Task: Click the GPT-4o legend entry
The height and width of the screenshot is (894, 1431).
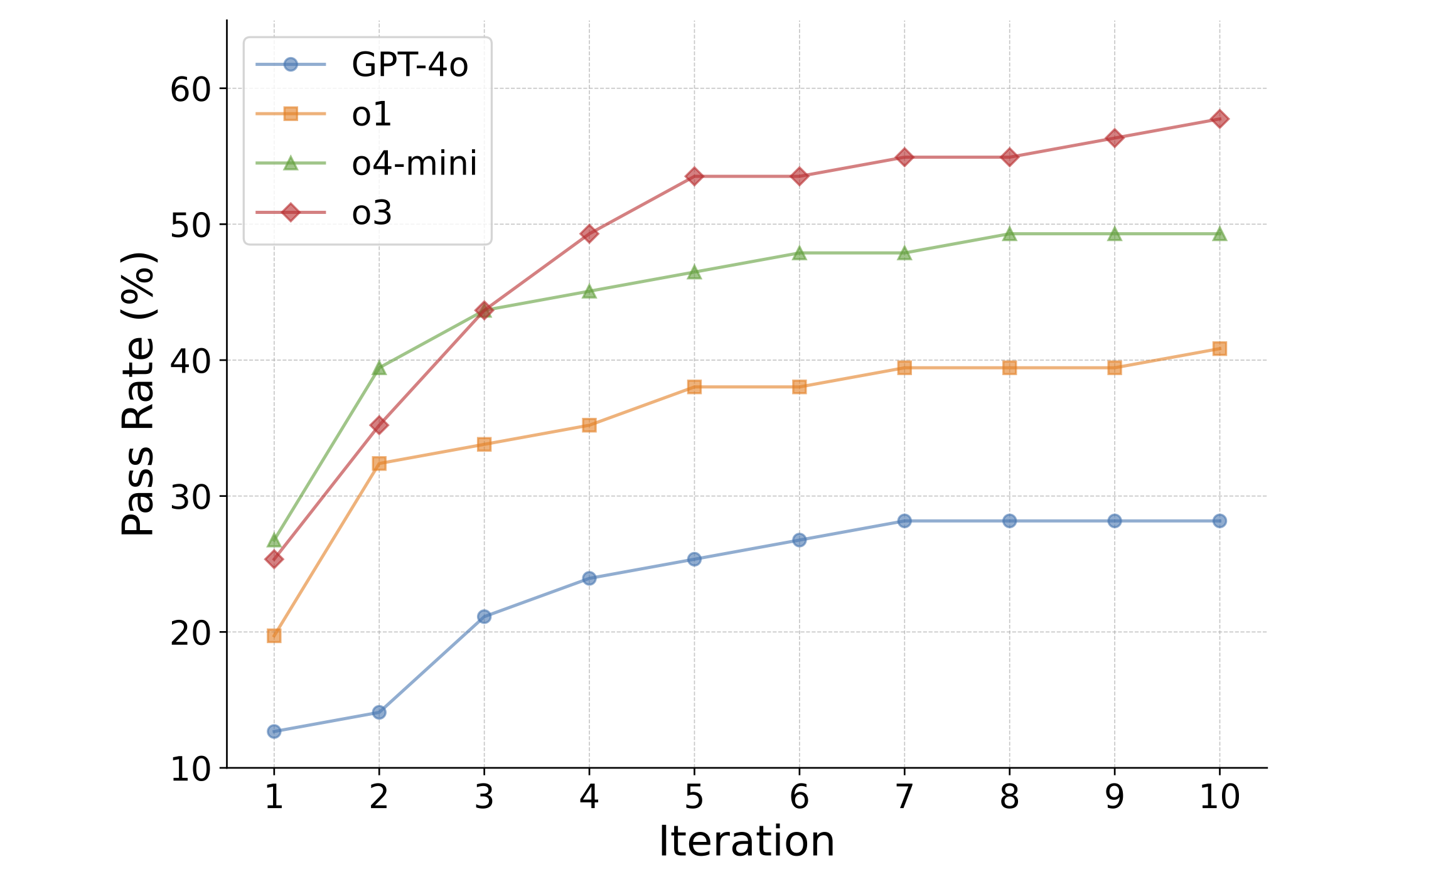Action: pyautogui.click(x=409, y=65)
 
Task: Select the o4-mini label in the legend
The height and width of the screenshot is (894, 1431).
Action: pyautogui.click(x=414, y=163)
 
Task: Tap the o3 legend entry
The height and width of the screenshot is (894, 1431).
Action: pyautogui.click(x=372, y=213)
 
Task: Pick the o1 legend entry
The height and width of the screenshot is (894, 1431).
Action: pyautogui.click(x=372, y=114)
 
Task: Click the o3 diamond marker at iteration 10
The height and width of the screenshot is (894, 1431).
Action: pyautogui.click(x=1219, y=119)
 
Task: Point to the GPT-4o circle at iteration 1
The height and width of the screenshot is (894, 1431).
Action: pyautogui.click(x=274, y=732)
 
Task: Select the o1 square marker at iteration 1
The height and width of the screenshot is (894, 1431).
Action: pyautogui.click(x=274, y=636)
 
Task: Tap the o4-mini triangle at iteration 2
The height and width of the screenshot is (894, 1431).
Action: pyautogui.click(x=379, y=368)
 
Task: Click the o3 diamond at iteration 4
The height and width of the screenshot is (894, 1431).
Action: pyautogui.click(x=589, y=234)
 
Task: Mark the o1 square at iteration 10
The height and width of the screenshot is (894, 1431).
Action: pyautogui.click(x=1219, y=349)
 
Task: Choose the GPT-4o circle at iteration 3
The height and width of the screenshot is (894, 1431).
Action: pyautogui.click(x=484, y=617)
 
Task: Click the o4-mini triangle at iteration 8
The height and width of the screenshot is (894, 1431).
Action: pyautogui.click(x=1009, y=234)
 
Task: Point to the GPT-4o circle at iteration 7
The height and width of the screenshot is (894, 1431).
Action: pyautogui.click(x=904, y=521)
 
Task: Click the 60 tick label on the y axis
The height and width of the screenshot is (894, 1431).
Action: pyautogui.click(x=190, y=90)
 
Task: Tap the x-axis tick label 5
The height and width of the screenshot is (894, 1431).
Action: pyautogui.click(x=694, y=797)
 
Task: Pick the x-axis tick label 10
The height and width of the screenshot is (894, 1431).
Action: pyautogui.click(x=1219, y=797)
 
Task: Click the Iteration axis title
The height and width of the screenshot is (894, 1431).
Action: pyautogui.click(x=746, y=842)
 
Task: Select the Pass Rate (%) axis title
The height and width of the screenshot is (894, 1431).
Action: pyautogui.click(x=138, y=394)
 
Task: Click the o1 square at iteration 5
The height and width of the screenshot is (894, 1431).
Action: pyautogui.click(x=694, y=387)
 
